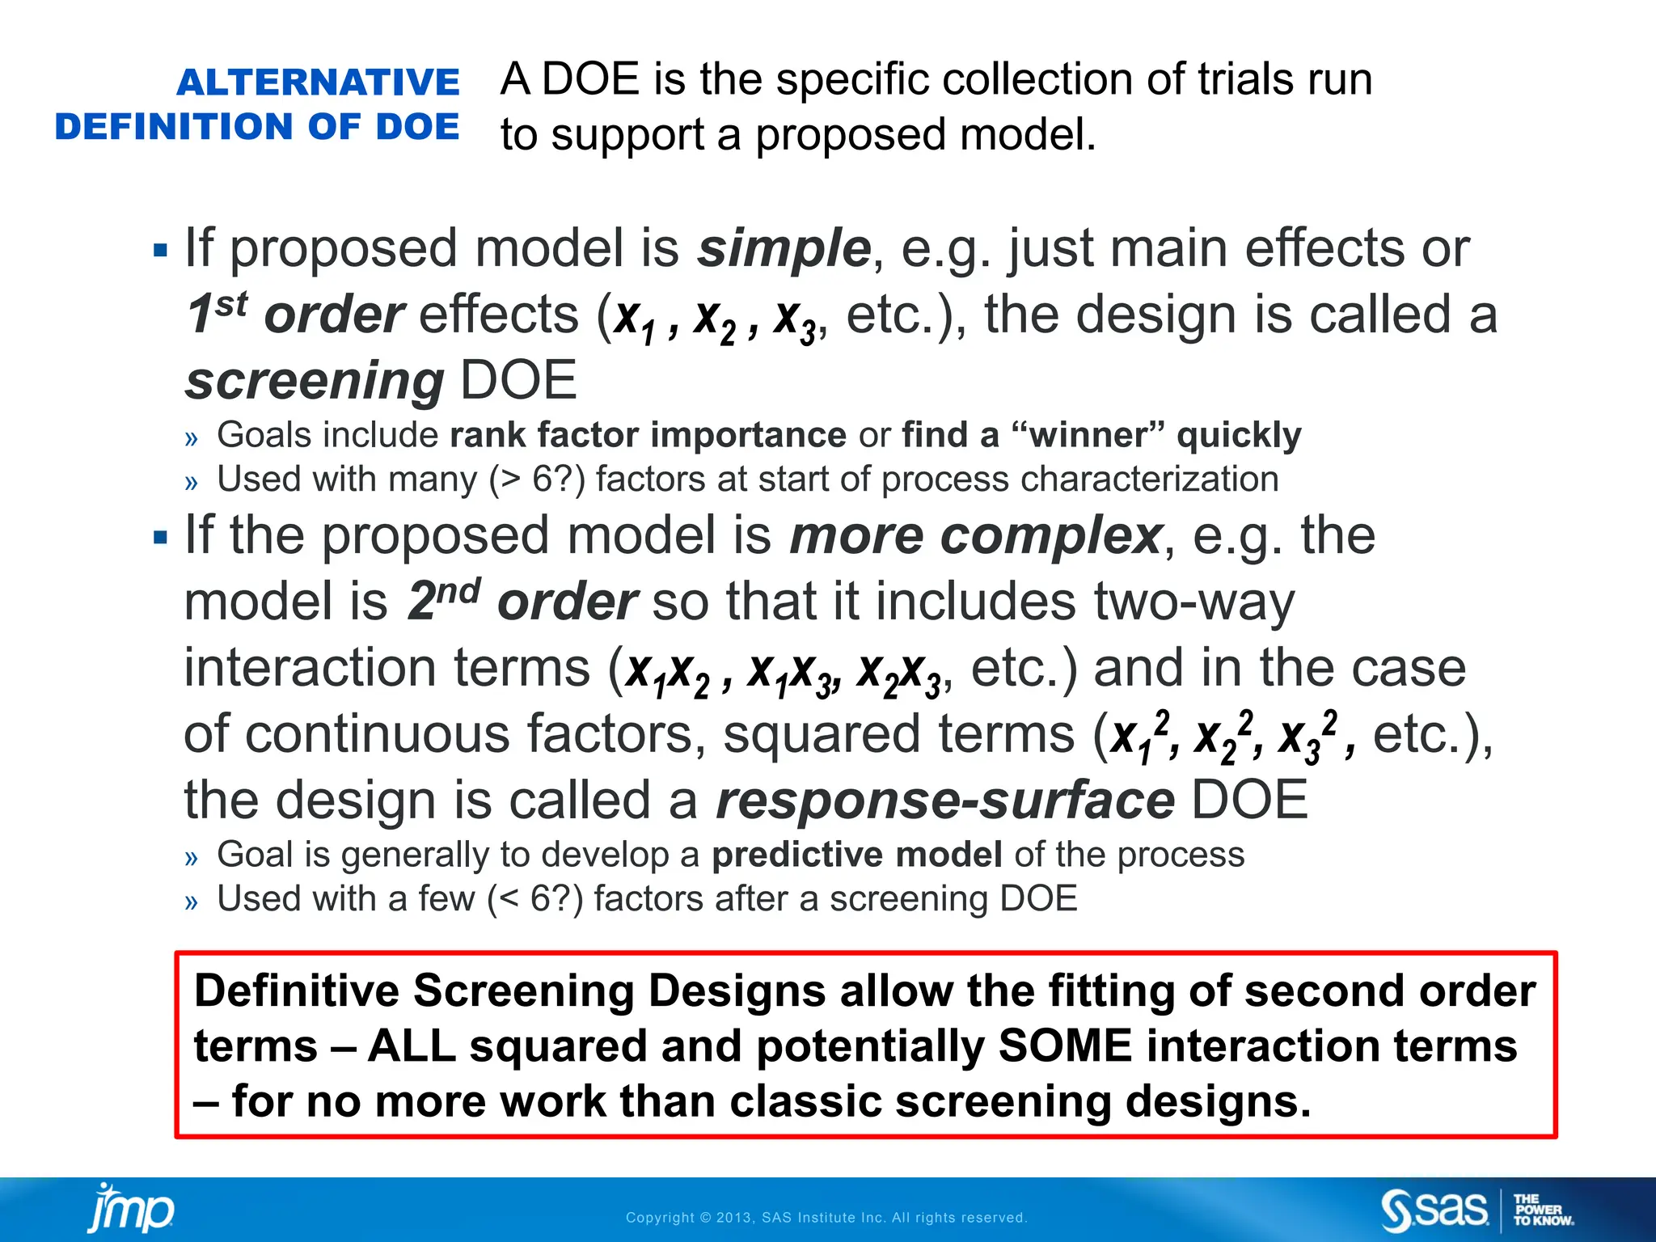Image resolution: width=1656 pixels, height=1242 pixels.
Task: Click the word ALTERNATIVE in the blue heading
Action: coord(318,82)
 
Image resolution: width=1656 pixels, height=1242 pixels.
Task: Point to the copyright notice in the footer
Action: coord(826,1218)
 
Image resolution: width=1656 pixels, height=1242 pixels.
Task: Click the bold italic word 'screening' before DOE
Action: coord(315,381)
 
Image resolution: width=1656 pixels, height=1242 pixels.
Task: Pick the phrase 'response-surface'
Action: coord(945,801)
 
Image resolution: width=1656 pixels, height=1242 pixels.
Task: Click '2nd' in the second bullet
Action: coord(444,601)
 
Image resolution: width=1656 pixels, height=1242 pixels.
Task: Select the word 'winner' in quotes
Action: coord(1088,435)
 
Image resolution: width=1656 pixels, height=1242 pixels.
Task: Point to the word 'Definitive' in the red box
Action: coord(297,991)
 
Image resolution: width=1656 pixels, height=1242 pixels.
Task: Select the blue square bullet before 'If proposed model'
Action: coord(160,250)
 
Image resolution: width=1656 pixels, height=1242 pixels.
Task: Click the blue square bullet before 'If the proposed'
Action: coord(160,537)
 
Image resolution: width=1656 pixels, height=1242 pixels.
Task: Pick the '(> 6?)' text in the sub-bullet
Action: coord(536,479)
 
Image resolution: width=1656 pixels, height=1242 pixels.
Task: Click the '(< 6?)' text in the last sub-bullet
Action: coord(534,899)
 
